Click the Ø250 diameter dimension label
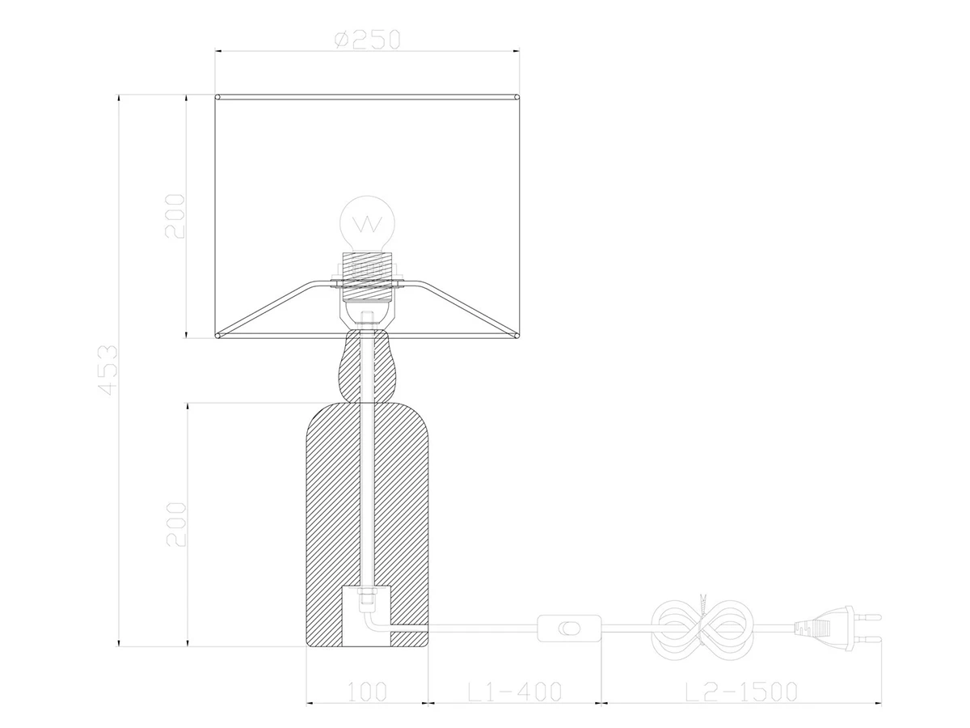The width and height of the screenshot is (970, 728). pyautogui.click(x=367, y=40)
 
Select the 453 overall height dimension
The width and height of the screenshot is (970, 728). pyautogui.click(x=108, y=370)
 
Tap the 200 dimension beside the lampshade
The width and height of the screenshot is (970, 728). pyautogui.click(x=175, y=217)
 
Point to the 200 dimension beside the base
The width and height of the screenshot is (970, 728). pyautogui.click(x=176, y=525)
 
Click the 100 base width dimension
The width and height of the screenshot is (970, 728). pyautogui.click(x=367, y=692)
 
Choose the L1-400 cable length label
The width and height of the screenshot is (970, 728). pyautogui.click(x=514, y=692)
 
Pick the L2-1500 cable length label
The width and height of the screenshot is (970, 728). pyautogui.click(x=741, y=692)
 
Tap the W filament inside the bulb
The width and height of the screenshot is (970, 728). pyautogui.click(x=368, y=225)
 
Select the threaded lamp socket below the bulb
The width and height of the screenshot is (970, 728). pyautogui.click(x=368, y=277)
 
